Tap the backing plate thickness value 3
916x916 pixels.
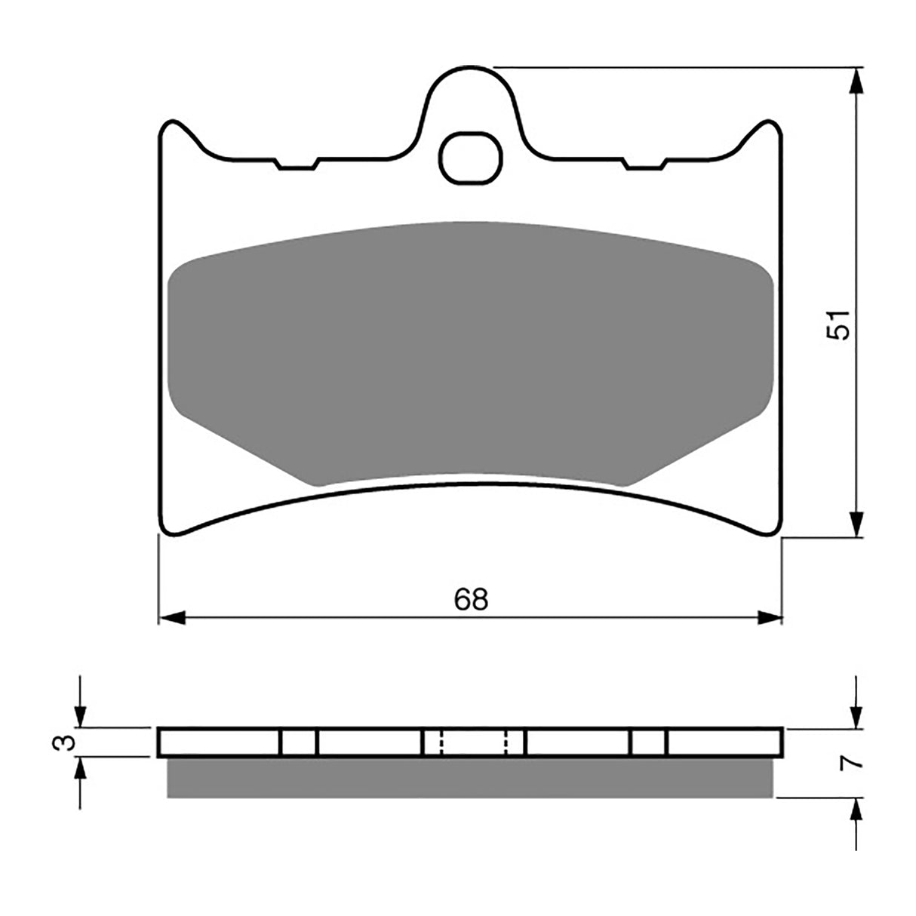click(x=67, y=742)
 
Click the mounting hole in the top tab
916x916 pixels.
click(x=471, y=158)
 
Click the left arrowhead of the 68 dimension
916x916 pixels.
click(x=171, y=618)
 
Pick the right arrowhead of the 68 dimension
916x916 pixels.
click(x=771, y=618)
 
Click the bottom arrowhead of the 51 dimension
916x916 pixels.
click(x=856, y=524)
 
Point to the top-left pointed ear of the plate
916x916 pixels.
click(x=173, y=125)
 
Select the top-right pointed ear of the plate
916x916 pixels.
click(x=767, y=125)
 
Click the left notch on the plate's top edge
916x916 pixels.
click(x=298, y=164)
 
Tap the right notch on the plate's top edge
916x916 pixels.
click(x=646, y=164)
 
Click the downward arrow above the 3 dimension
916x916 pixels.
click(x=80, y=714)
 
